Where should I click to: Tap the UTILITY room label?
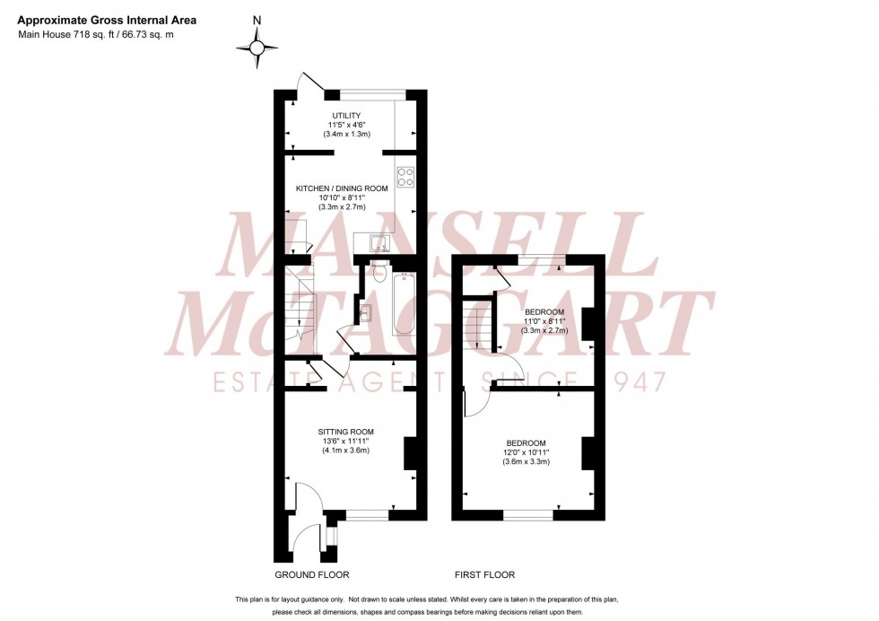(346, 116)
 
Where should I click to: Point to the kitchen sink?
(375, 241)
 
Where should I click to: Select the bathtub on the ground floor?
(404, 303)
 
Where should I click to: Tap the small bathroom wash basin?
(366, 312)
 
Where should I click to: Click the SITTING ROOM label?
(345, 432)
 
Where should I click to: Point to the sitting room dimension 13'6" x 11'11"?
(345, 441)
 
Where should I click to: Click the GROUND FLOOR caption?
(313, 575)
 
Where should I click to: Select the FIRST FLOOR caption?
(484, 575)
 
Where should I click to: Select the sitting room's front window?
(368, 515)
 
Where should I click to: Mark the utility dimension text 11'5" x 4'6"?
(346, 126)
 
